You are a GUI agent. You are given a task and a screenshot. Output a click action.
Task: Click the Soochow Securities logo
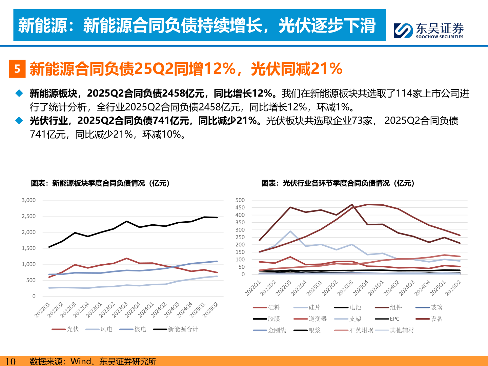tap(428, 30)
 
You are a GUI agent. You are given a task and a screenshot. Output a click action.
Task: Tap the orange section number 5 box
tap(17, 69)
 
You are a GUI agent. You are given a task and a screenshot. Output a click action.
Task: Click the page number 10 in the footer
tap(11, 361)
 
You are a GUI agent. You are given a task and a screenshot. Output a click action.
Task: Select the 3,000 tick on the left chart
tap(29, 200)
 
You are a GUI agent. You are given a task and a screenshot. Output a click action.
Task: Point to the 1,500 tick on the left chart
tap(29, 248)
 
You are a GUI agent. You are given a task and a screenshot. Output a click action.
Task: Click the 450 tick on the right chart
tap(240, 208)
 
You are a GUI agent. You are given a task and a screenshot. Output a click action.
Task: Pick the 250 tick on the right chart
tap(240, 237)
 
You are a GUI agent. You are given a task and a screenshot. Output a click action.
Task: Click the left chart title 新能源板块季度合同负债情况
tap(100, 183)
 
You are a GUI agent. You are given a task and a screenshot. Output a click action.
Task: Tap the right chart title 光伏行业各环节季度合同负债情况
tap(338, 183)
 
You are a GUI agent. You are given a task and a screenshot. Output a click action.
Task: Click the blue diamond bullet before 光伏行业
tap(19, 121)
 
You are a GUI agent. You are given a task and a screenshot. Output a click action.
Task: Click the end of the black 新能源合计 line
tap(217, 218)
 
